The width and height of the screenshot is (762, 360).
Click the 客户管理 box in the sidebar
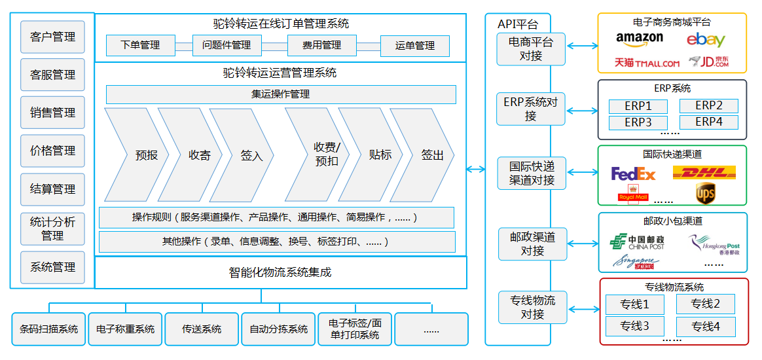(52, 37)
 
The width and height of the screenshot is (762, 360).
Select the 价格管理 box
(52, 151)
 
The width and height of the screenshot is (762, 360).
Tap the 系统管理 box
(52, 267)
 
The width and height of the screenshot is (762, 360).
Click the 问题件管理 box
(227, 45)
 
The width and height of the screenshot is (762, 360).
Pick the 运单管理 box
(415, 46)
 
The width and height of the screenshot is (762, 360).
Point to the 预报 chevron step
(141, 155)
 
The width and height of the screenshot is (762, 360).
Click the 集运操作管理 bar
(281, 94)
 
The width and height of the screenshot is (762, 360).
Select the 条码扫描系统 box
(48, 329)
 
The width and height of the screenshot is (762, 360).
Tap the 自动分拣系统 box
(278, 329)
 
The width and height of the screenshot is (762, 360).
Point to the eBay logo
(706, 41)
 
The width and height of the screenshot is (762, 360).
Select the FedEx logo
(633, 174)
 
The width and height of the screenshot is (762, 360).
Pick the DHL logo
(704, 173)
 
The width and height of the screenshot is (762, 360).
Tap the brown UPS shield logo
(705, 194)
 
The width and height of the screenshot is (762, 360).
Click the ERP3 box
(638, 122)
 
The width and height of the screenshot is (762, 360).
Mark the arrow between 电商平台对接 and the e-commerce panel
(581, 46)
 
